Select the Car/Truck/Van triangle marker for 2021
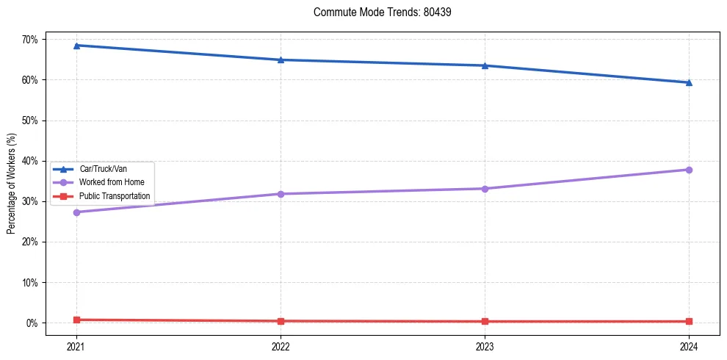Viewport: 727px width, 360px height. [x=76, y=46]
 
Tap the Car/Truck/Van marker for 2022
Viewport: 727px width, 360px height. [x=281, y=60]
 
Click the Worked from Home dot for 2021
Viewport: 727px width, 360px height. [x=76, y=212]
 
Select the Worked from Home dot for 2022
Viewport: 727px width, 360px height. [x=281, y=194]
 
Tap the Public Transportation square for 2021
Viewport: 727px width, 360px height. [x=76, y=320]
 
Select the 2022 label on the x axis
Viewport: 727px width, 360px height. [x=281, y=345]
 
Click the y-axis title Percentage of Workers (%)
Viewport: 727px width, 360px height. [x=12, y=184]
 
